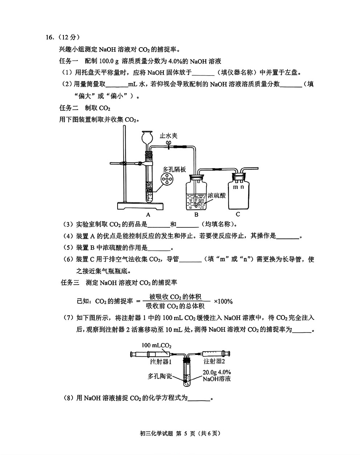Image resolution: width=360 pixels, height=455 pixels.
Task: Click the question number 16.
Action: click(x=50, y=37)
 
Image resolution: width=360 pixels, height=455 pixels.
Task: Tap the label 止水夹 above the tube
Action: click(x=168, y=136)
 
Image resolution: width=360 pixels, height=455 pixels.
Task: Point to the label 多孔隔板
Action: click(x=174, y=169)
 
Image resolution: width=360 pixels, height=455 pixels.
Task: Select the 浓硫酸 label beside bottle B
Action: click(x=217, y=195)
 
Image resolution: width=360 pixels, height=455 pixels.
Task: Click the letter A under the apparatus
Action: click(x=148, y=215)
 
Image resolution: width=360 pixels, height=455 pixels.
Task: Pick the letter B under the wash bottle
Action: click(x=196, y=215)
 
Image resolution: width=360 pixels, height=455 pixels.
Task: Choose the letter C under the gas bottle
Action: click(x=238, y=214)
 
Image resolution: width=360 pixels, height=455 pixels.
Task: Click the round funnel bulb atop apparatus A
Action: click(x=147, y=137)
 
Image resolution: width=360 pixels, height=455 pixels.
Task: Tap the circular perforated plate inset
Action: click(x=167, y=179)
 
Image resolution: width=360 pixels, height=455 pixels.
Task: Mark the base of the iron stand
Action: click(x=140, y=206)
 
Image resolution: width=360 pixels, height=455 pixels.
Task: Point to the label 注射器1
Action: click(x=161, y=361)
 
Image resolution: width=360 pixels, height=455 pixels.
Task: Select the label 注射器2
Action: click(x=214, y=361)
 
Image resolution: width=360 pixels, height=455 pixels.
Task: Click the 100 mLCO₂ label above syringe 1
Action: click(x=156, y=346)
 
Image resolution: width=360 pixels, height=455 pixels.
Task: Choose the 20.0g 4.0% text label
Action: click(x=217, y=372)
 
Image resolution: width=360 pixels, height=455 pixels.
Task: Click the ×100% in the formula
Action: click(x=223, y=301)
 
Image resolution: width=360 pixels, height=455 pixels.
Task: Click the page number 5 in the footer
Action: click(x=185, y=434)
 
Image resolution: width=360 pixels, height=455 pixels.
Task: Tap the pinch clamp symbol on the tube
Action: click(x=169, y=145)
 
